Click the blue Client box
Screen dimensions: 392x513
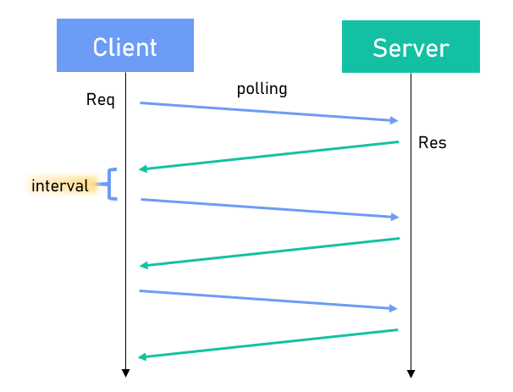tap(125, 47)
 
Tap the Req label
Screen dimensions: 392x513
tap(100, 100)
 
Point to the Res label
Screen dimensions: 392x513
tap(432, 142)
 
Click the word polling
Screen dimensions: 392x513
tap(262, 89)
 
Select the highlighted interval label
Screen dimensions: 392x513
tap(59, 185)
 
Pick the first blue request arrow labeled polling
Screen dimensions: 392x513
tap(268, 112)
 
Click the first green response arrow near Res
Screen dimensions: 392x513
tap(268, 156)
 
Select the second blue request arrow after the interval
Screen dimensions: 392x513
tap(268, 208)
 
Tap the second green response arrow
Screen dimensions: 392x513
tap(268, 252)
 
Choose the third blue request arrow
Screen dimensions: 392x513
tap(268, 300)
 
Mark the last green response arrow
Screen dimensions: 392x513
tap(268, 343)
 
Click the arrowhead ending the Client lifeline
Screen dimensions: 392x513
tap(125, 373)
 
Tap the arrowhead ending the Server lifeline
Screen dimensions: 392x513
tap(411, 373)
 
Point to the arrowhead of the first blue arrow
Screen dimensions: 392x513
tap(394, 121)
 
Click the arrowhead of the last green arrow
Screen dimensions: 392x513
tap(142, 356)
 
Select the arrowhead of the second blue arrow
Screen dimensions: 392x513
tap(394, 218)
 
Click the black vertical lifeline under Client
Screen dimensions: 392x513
tap(125, 237)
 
